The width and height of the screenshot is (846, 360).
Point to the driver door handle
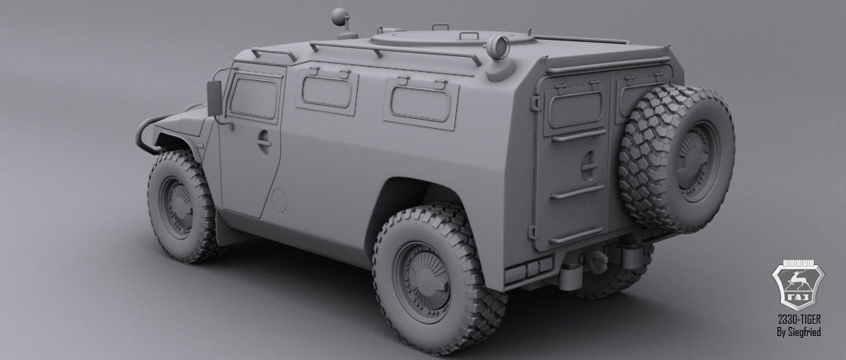coord(264,142)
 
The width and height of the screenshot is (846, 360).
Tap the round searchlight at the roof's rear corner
coord(499,47)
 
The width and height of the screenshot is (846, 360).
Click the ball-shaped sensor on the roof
coord(339,17)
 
